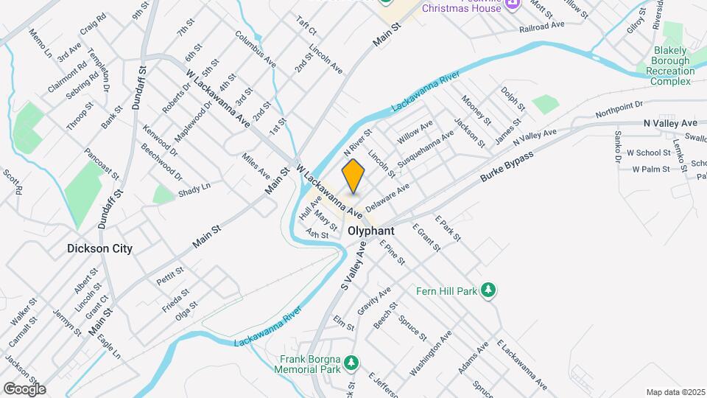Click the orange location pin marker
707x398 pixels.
coord(353,175)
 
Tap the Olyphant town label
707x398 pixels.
coord(370,231)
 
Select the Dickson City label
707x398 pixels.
coord(99,248)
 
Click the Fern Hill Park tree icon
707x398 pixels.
coord(487,290)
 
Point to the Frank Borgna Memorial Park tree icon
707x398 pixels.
coord(352,363)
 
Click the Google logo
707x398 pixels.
coord(24,388)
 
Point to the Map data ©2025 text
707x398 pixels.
coord(675,392)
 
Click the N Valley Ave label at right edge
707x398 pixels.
coord(669,123)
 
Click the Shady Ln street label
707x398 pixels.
coord(194,190)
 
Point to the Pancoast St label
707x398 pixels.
coord(102,163)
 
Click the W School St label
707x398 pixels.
coord(648,153)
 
